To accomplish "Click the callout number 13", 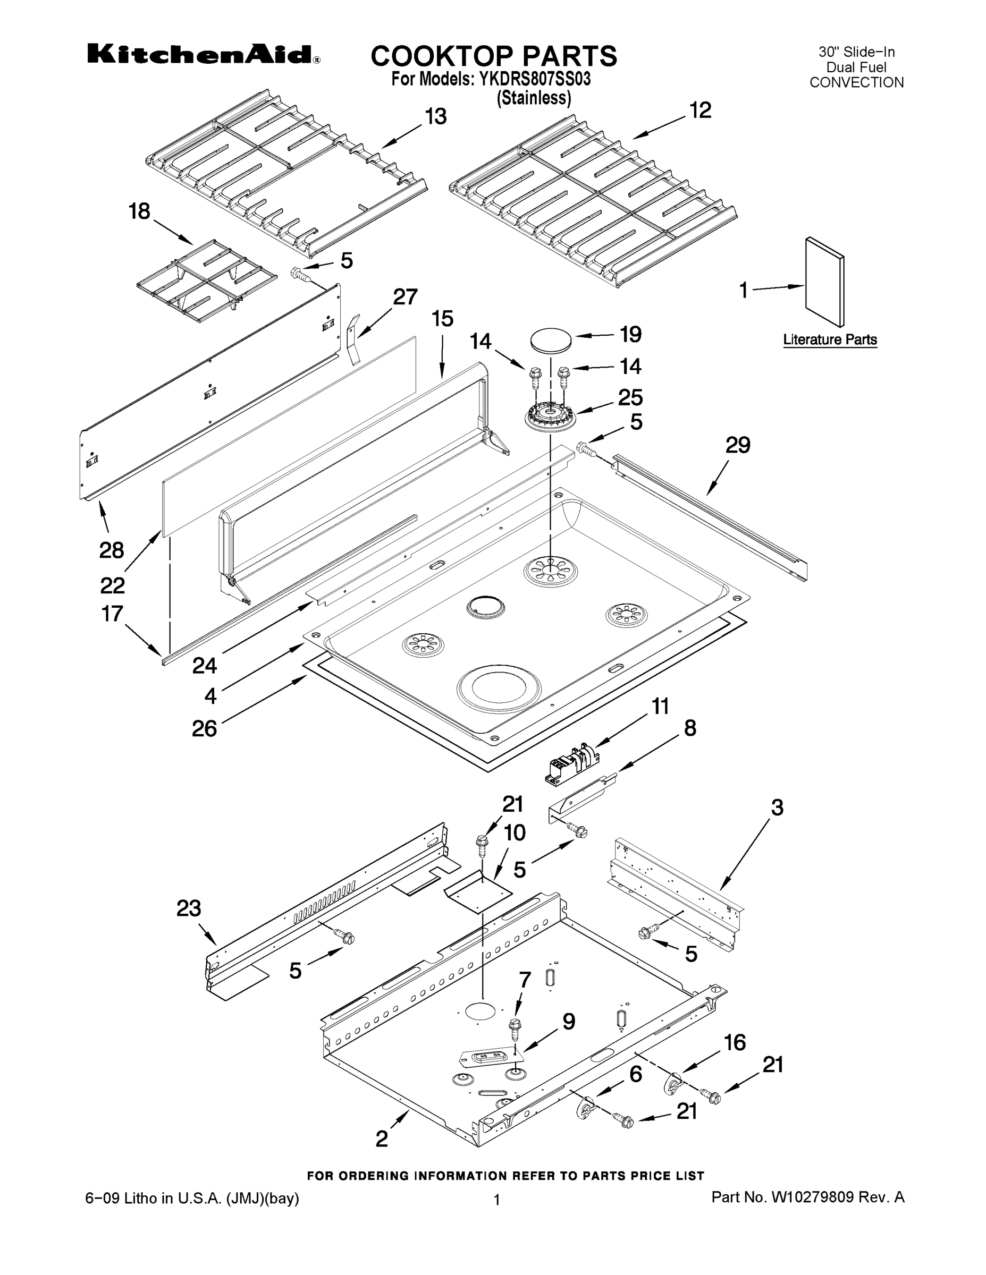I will [x=435, y=117].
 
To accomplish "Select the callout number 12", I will [x=701, y=110].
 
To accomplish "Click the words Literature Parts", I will [x=829, y=340].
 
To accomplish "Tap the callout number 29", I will [x=737, y=445].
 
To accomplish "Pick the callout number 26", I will [x=205, y=728].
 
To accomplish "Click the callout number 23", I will [x=189, y=908].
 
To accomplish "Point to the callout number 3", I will [x=777, y=808].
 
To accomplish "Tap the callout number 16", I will [x=735, y=1042].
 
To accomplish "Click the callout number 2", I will [x=382, y=1138].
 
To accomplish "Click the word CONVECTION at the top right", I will [x=856, y=83].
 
